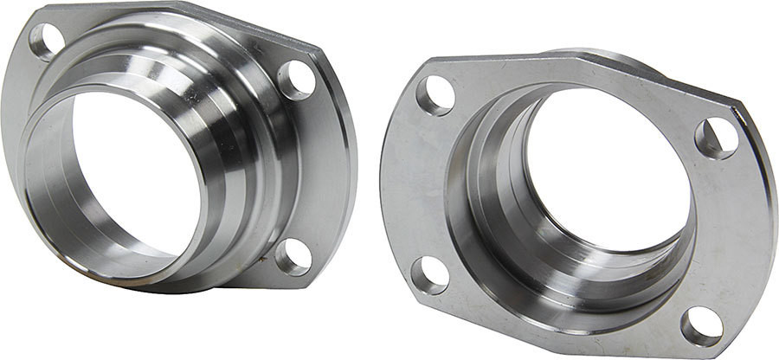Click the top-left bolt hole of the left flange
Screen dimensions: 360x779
point(46,40)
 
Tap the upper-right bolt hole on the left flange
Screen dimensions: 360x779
point(296,80)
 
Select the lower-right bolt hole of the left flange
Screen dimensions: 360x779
point(293,256)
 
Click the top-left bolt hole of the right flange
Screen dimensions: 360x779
point(435,95)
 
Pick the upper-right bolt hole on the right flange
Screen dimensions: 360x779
point(717,138)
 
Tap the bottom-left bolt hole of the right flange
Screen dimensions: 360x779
point(429,275)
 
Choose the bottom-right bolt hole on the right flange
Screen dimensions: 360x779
point(701,326)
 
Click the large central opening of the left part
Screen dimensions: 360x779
point(130,173)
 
